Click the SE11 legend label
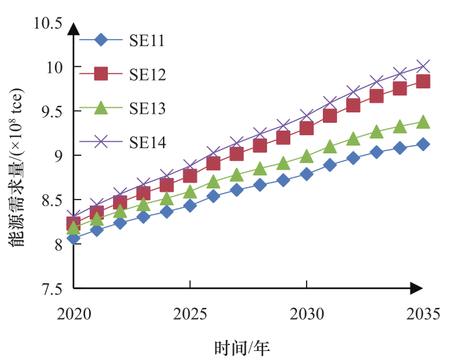click(146, 41)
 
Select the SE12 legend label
click(147, 75)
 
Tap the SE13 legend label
click(147, 109)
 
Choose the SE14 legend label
click(147, 142)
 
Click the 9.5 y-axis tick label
click(52, 111)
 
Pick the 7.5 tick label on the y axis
click(52, 289)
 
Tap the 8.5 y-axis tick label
click(52, 199)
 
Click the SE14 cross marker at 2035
click(423, 66)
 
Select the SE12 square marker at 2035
click(423, 81)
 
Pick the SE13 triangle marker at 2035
click(423, 122)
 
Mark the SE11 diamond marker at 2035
click(423, 144)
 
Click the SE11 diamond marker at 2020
click(73, 238)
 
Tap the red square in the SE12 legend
click(101, 74)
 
